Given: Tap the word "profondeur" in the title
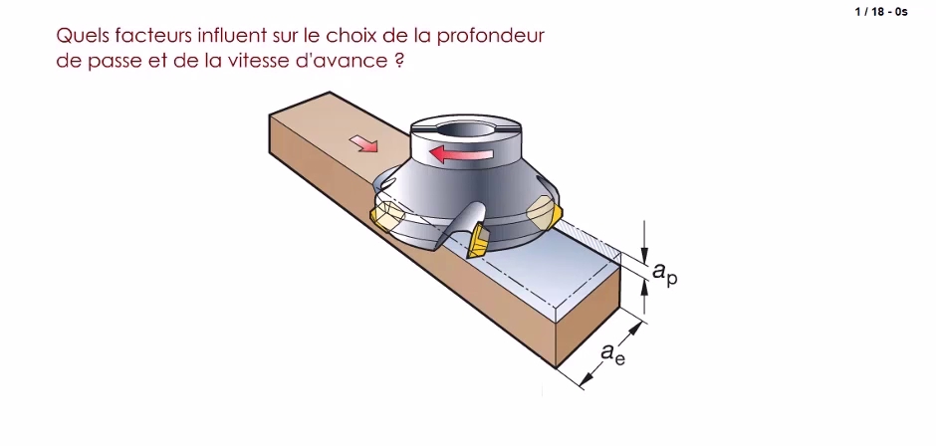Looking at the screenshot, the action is (491, 37).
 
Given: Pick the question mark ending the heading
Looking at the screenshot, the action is (399, 61).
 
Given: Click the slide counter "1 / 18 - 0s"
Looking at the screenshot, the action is (881, 11).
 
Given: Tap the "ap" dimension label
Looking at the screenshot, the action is (665, 273).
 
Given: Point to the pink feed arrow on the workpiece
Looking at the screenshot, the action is (363, 143).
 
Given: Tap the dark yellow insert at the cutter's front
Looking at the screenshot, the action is (479, 240).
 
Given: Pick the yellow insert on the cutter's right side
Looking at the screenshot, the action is (544, 213).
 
